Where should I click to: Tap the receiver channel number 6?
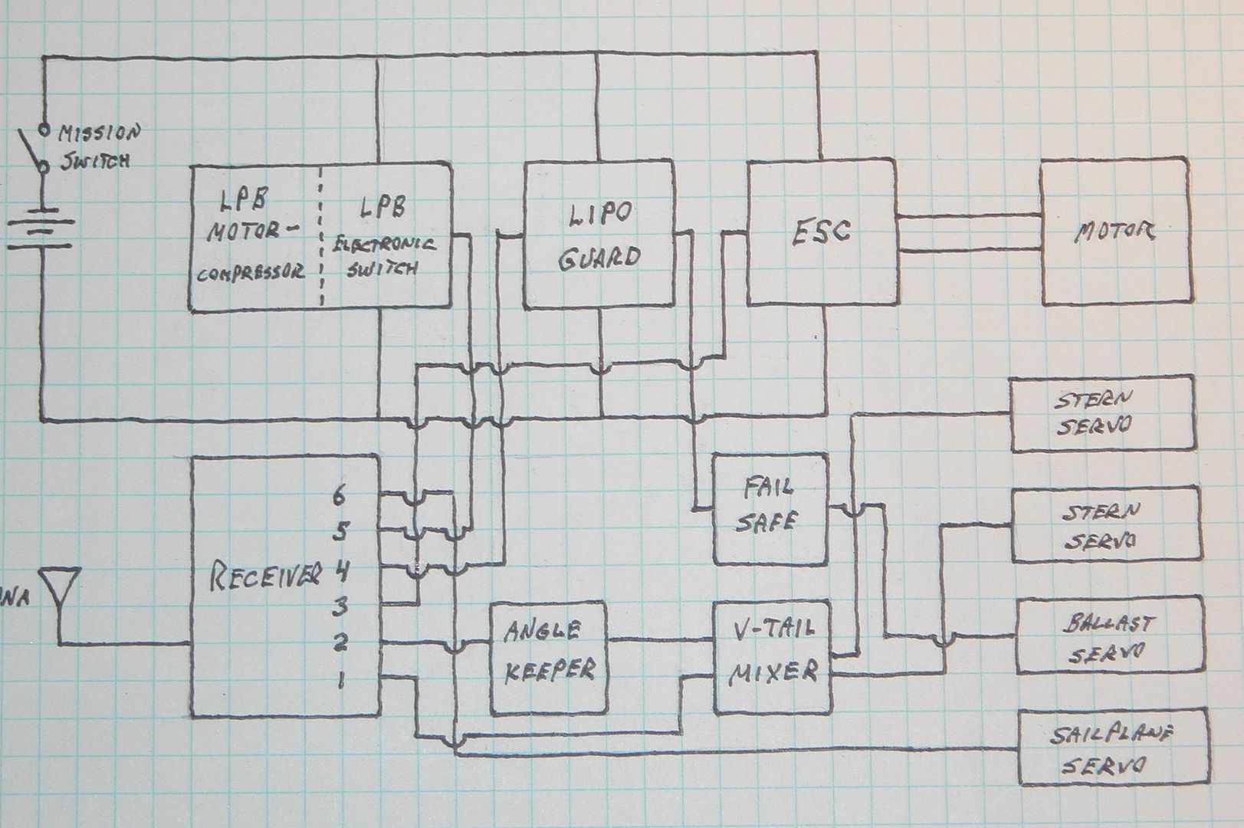339,495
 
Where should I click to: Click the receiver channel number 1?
342,680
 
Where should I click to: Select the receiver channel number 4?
341,570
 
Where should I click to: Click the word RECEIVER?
265,575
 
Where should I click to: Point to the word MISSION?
100,133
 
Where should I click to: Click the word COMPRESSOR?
251,272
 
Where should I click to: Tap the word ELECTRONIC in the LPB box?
384,245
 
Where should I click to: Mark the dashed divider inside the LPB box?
321,236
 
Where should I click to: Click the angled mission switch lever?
31,148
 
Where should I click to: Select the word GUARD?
599,258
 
